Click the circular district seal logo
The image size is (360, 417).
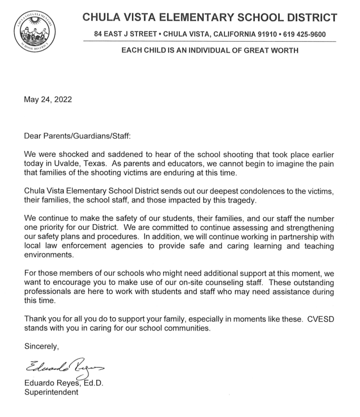[x=35, y=31]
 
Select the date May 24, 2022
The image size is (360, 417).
[x=48, y=99]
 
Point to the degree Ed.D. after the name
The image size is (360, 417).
[x=92, y=384]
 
